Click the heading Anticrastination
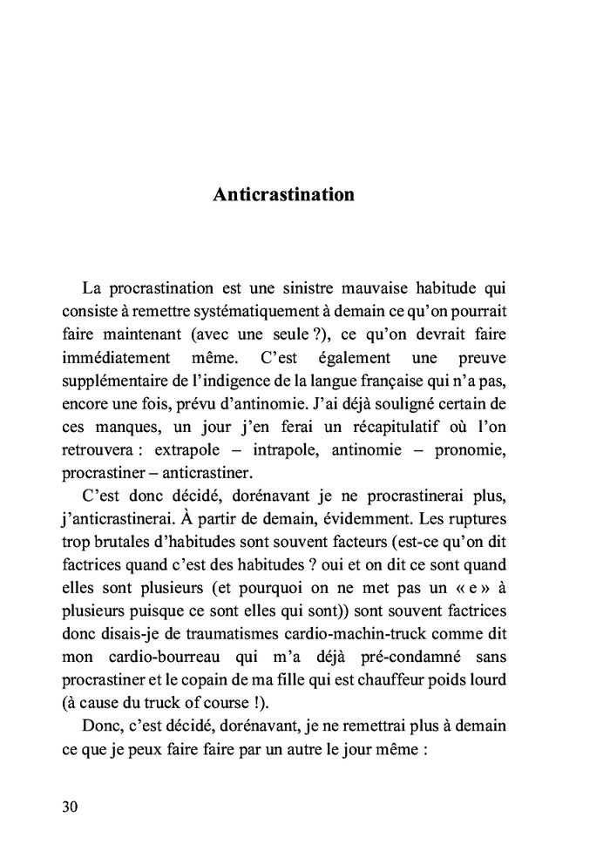(x=283, y=194)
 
